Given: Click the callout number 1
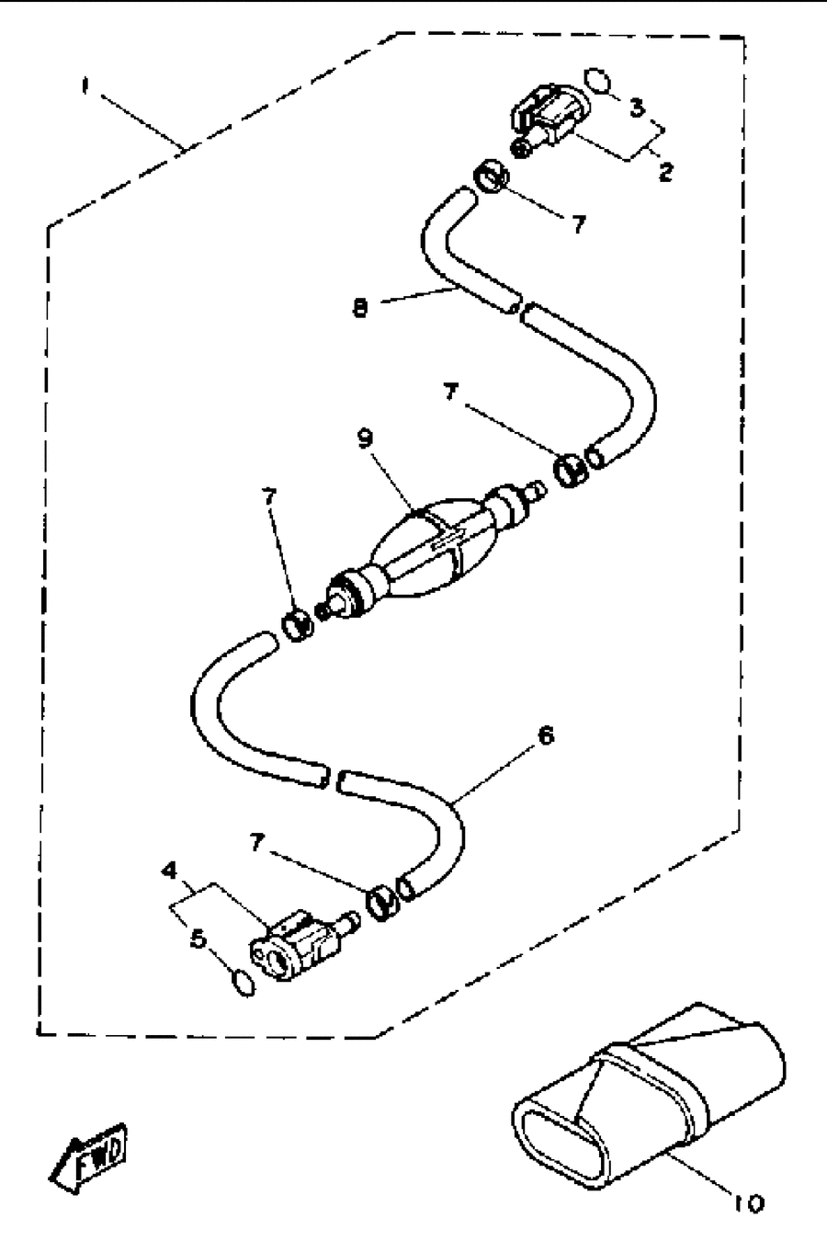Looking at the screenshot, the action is pyautogui.click(x=85, y=87).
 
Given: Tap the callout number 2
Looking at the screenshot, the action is pyautogui.click(x=665, y=172).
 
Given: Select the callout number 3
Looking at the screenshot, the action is pyautogui.click(x=638, y=108).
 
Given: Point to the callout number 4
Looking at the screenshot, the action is pyautogui.click(x=169, y=871).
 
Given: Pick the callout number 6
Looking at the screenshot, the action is pyautogui.click(x=546, y=735).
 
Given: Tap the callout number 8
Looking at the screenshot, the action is pyautogui.click(x=360, y=308).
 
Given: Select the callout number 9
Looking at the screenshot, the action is pyautogui.click(x=366, y=438).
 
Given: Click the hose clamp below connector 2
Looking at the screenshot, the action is pyautogui.click(x=492, y=177).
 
